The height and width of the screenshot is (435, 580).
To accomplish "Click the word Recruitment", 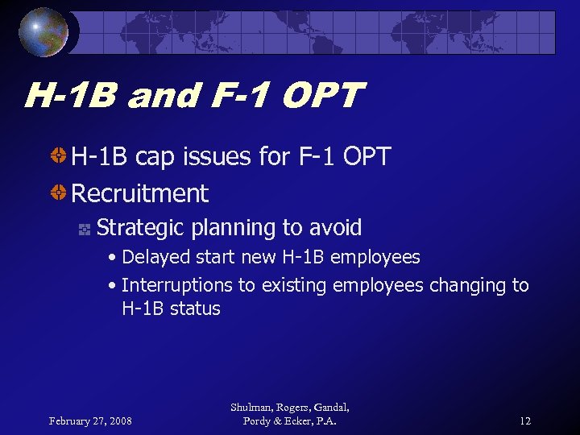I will tap(140, 193).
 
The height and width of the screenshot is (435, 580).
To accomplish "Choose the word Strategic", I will tap(141, 228).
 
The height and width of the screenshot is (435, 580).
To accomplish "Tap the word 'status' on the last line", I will tap(196, 309).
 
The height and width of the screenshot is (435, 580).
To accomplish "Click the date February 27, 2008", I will tap(90, 420).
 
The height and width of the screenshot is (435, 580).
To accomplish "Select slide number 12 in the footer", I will tap(524, 420).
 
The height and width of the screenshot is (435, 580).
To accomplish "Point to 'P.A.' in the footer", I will tap(325, 420).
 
